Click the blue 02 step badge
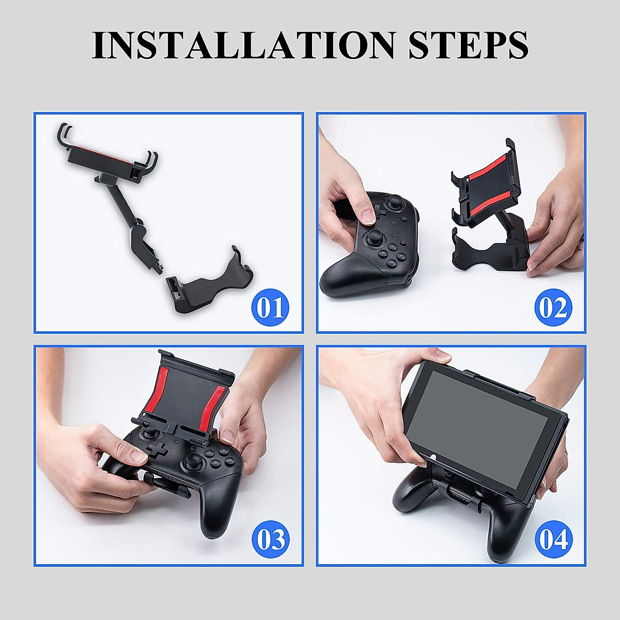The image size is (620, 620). click(553, 307)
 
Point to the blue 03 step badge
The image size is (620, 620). click(270, 539)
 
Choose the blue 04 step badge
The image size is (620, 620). click(553, 539)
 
